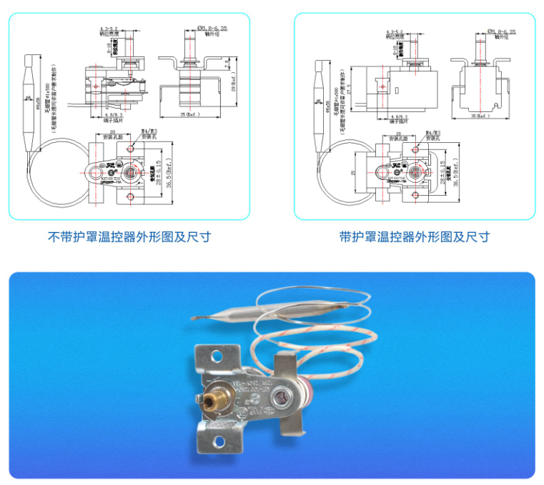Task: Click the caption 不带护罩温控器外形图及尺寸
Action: (x=129, y=236)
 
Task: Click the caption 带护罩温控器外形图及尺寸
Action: (x=415, y=236)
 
